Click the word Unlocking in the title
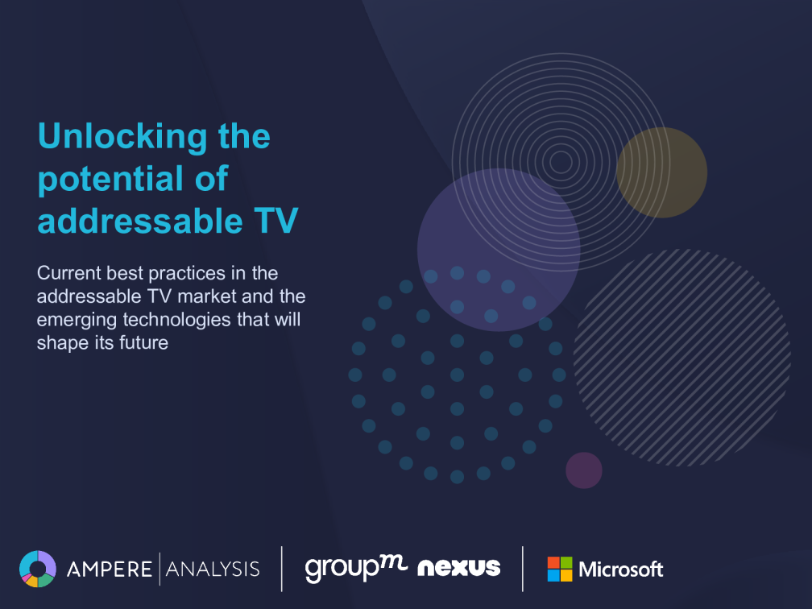122,137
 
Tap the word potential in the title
111,179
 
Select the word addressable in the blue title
140,221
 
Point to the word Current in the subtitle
69,273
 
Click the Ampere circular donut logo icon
38,569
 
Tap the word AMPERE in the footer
110,569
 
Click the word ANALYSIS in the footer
213,569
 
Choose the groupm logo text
356,569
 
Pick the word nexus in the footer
459,568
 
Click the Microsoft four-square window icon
560,569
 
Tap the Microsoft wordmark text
621,570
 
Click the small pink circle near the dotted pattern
583,470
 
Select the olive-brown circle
662,172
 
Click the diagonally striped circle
682,358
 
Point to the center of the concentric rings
561,162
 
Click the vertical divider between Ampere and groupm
282,569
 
